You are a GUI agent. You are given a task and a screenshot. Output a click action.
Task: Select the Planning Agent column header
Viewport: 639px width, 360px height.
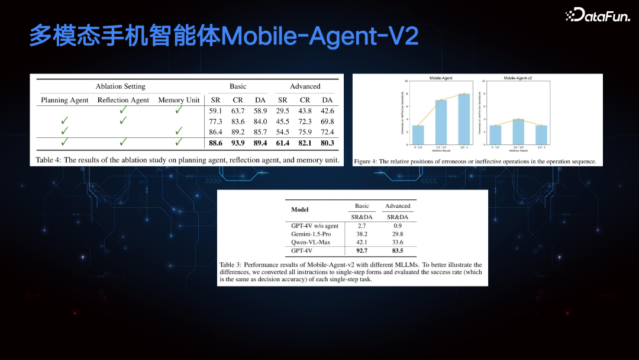(64, 100)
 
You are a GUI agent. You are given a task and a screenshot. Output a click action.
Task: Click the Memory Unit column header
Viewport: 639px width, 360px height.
(179, 100)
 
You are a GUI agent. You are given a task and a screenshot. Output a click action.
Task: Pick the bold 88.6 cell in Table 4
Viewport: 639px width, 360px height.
(215, 143)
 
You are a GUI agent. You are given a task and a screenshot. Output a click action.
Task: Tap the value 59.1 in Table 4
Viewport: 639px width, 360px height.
(215, 110)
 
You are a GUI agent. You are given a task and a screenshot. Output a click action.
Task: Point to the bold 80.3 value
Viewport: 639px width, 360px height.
(327, 143)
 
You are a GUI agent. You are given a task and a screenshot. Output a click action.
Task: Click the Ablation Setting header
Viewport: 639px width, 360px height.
(120, 86)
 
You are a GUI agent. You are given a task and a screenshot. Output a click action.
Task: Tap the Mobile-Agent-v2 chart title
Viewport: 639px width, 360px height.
(518, 78)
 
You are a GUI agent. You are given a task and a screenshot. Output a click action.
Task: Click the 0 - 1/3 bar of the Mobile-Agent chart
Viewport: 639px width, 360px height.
(418, 134)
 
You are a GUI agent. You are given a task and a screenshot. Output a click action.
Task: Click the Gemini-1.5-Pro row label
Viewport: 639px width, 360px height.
(311, 234)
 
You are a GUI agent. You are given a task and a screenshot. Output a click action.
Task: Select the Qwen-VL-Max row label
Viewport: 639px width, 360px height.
(311, 242)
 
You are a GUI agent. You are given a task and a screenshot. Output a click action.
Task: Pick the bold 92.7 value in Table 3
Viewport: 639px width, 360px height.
(362, 251)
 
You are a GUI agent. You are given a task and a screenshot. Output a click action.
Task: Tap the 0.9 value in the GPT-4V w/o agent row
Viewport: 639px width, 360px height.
(398, 226)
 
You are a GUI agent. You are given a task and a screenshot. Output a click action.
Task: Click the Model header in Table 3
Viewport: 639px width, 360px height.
(300, 210)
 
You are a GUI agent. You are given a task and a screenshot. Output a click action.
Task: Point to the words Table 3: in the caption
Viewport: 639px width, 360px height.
(231, 265)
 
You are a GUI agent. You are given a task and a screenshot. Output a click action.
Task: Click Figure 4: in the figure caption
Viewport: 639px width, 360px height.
(366, 161)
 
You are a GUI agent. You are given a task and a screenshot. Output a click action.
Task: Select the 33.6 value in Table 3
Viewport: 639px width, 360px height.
(398, 242)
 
